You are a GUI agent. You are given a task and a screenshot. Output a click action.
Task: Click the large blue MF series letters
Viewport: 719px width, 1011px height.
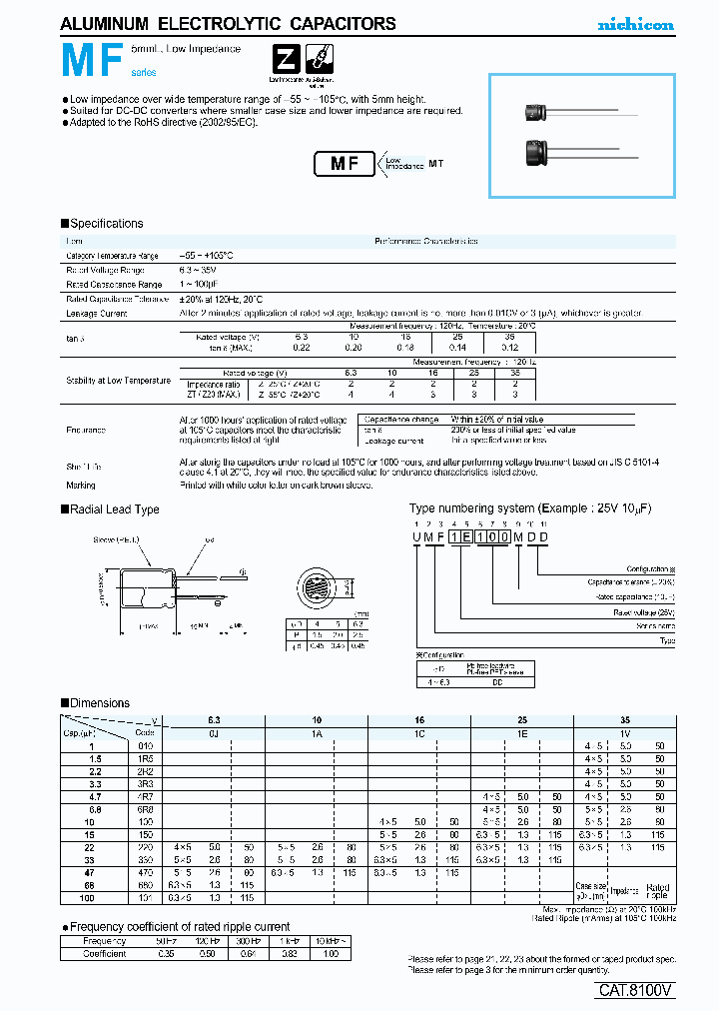(92, 63)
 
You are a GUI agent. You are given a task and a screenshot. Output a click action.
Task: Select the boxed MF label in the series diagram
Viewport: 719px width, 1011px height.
(345, 165)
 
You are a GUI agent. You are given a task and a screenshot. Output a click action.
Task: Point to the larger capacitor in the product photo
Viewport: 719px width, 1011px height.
(542, 155)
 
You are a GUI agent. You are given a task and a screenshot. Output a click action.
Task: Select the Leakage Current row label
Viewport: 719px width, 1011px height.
(97, 313)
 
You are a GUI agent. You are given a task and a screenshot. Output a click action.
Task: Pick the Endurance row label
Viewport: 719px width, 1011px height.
(86, 430)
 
